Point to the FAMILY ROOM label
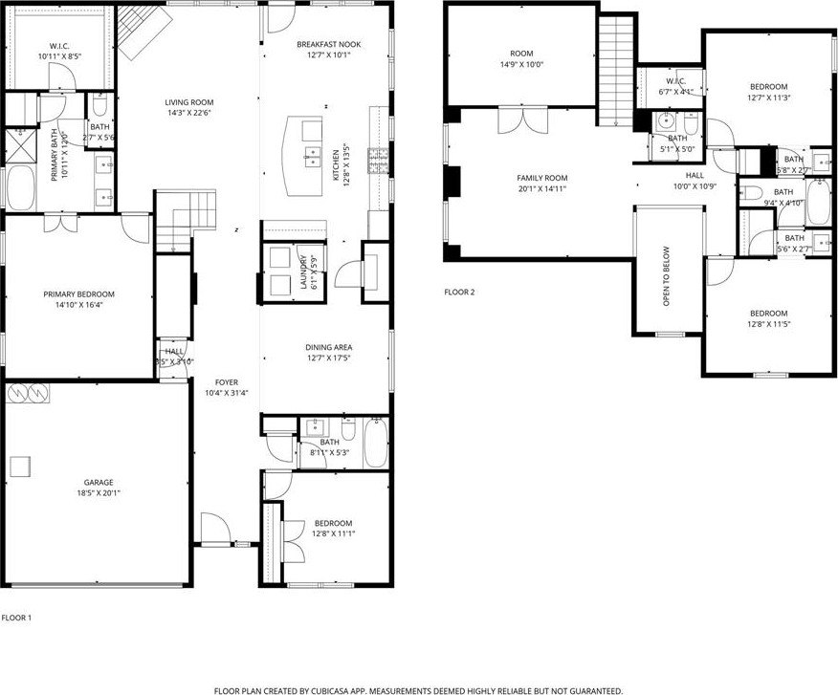[542, 178]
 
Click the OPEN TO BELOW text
[668, 276]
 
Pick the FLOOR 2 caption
[459, 292]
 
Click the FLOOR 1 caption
[16, 618]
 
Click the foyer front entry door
[212, 525]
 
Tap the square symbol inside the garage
[20, 465]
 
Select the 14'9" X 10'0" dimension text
[521, 65]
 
